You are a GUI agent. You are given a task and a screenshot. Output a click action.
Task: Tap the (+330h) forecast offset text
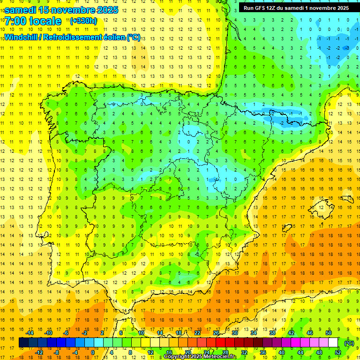(x=83, y=21)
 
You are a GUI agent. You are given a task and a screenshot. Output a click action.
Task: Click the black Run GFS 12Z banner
(x=296, y=8)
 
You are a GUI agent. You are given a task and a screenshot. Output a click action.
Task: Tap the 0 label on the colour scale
(x=92, y=352)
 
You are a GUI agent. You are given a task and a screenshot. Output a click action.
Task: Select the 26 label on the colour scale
(x=216, y=332)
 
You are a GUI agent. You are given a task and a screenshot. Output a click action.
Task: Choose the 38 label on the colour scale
(x=272, y=332)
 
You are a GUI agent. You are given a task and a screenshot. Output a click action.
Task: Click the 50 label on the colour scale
(x=329, y=332)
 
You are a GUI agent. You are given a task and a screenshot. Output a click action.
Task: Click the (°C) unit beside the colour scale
(x=349, y=343)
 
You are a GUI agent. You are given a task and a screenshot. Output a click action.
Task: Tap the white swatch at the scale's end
(x=333, y=343)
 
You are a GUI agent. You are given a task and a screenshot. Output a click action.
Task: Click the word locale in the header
(x=45, y=21)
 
